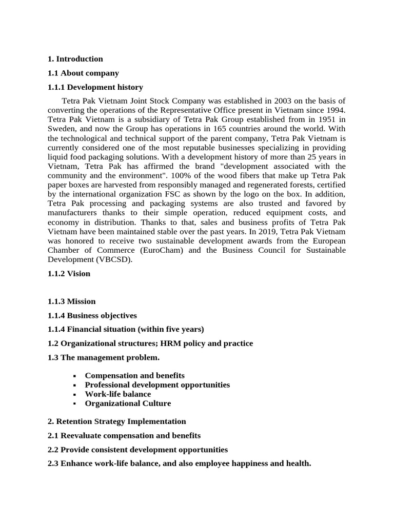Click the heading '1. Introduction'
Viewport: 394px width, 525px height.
point(75,59)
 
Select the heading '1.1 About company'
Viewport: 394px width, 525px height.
point(83,73)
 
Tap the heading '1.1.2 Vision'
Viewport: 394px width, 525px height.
point(69,273)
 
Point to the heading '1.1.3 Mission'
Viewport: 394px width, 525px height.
point(71,301)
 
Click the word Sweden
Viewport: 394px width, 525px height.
point(61,129)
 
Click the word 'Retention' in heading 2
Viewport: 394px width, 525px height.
point(76,421)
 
